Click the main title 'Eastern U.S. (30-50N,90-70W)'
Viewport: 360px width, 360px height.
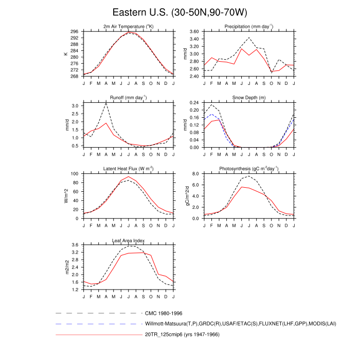(179, 12)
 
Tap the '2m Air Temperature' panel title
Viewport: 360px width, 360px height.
(129, 26)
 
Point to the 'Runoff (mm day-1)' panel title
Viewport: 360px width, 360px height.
(129, 97)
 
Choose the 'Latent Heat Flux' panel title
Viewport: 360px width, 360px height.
(129, 169)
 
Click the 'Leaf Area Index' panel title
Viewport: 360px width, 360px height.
(129, 240)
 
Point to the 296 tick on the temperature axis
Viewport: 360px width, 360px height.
(75, 31)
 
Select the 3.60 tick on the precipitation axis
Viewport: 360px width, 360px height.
(193, 31)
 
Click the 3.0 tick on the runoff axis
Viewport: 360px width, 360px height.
(76, 106)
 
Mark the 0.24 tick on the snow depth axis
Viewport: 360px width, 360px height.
(193, 103)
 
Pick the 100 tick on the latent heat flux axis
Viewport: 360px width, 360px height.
(75, 174)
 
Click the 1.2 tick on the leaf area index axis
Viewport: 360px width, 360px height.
(76, 290)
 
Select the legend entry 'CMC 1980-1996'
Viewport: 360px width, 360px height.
(164, 313)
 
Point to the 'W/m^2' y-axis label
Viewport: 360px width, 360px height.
(66, 196)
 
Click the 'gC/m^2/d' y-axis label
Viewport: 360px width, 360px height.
(181, 196)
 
